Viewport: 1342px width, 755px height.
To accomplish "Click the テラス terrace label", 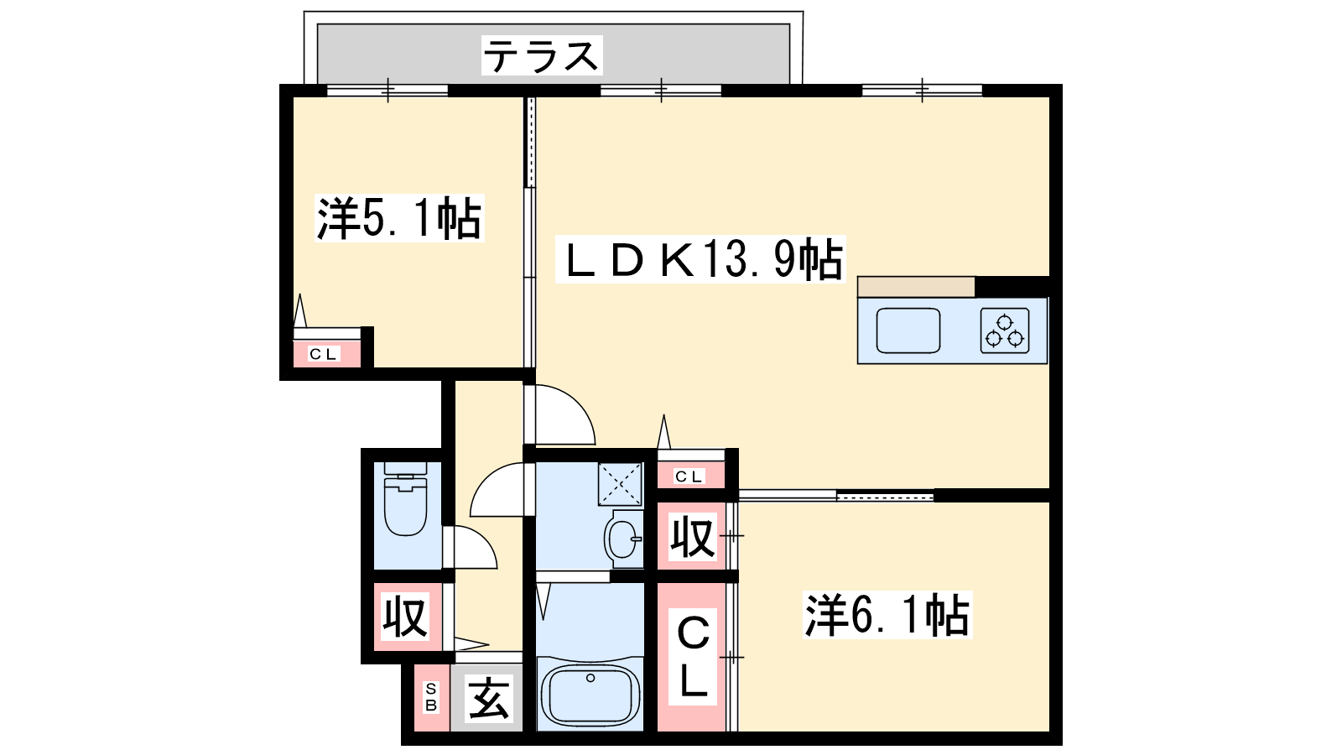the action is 541,55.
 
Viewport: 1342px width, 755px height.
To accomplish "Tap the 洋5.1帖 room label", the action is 399,218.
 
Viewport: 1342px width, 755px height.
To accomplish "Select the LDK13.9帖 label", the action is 701,259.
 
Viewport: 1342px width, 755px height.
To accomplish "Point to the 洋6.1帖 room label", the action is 887,615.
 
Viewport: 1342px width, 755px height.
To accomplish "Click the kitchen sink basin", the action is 908,331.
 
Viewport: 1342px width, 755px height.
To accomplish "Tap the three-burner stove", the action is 1005,331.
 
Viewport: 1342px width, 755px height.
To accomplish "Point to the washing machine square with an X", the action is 620,483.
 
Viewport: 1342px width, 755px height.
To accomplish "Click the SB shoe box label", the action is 431,697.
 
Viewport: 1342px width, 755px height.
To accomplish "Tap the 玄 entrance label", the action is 489,698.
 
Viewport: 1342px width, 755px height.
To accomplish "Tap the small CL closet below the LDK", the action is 691,476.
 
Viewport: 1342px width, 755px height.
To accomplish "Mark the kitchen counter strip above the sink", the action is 916,287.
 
